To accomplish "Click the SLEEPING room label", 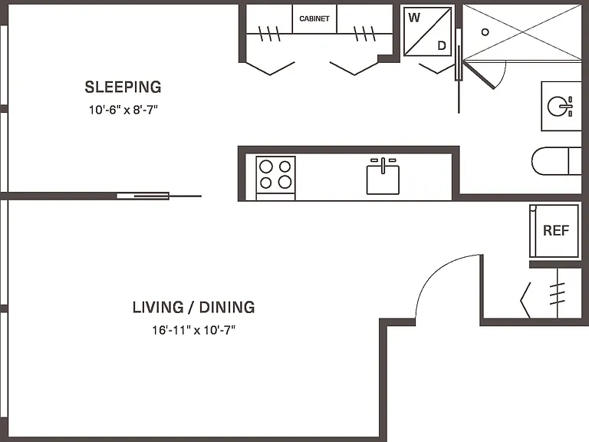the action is [x=123, y=87].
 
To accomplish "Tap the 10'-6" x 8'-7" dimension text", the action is [x=123, y=110].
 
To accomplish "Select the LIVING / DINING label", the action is [x=193, y=307].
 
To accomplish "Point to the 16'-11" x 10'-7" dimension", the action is [x=193, y=330].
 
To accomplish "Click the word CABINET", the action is [x=314, y=18].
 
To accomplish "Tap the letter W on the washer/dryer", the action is [x=414, y=18].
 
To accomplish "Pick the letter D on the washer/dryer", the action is [x=442, y=45].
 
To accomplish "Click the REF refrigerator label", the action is [x=556, y=230].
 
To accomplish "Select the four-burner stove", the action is [x=276, y=178].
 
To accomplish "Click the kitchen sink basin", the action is [x=383, y=180].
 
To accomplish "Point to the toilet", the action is [x=556, y=161].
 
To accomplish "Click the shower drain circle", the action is [x=485, y=32].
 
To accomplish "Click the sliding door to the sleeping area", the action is [x=159, y=196].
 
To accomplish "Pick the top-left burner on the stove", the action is [x=266, y=166].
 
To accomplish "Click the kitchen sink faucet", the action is [x=383, y=165].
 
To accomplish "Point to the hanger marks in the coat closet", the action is [x=558, y=294].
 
